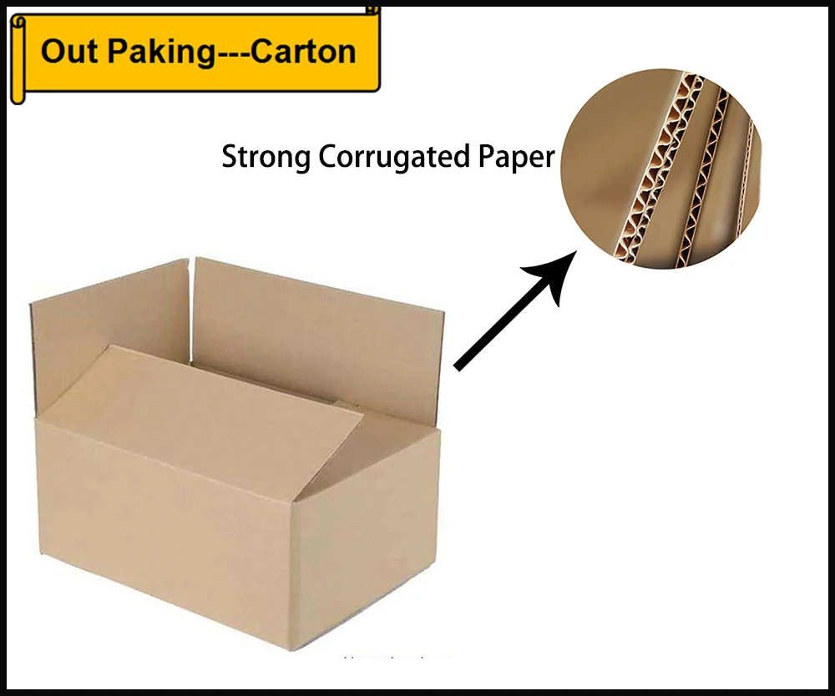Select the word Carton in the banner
click(x=304, y=52)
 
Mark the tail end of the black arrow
click(x=458, y=365)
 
